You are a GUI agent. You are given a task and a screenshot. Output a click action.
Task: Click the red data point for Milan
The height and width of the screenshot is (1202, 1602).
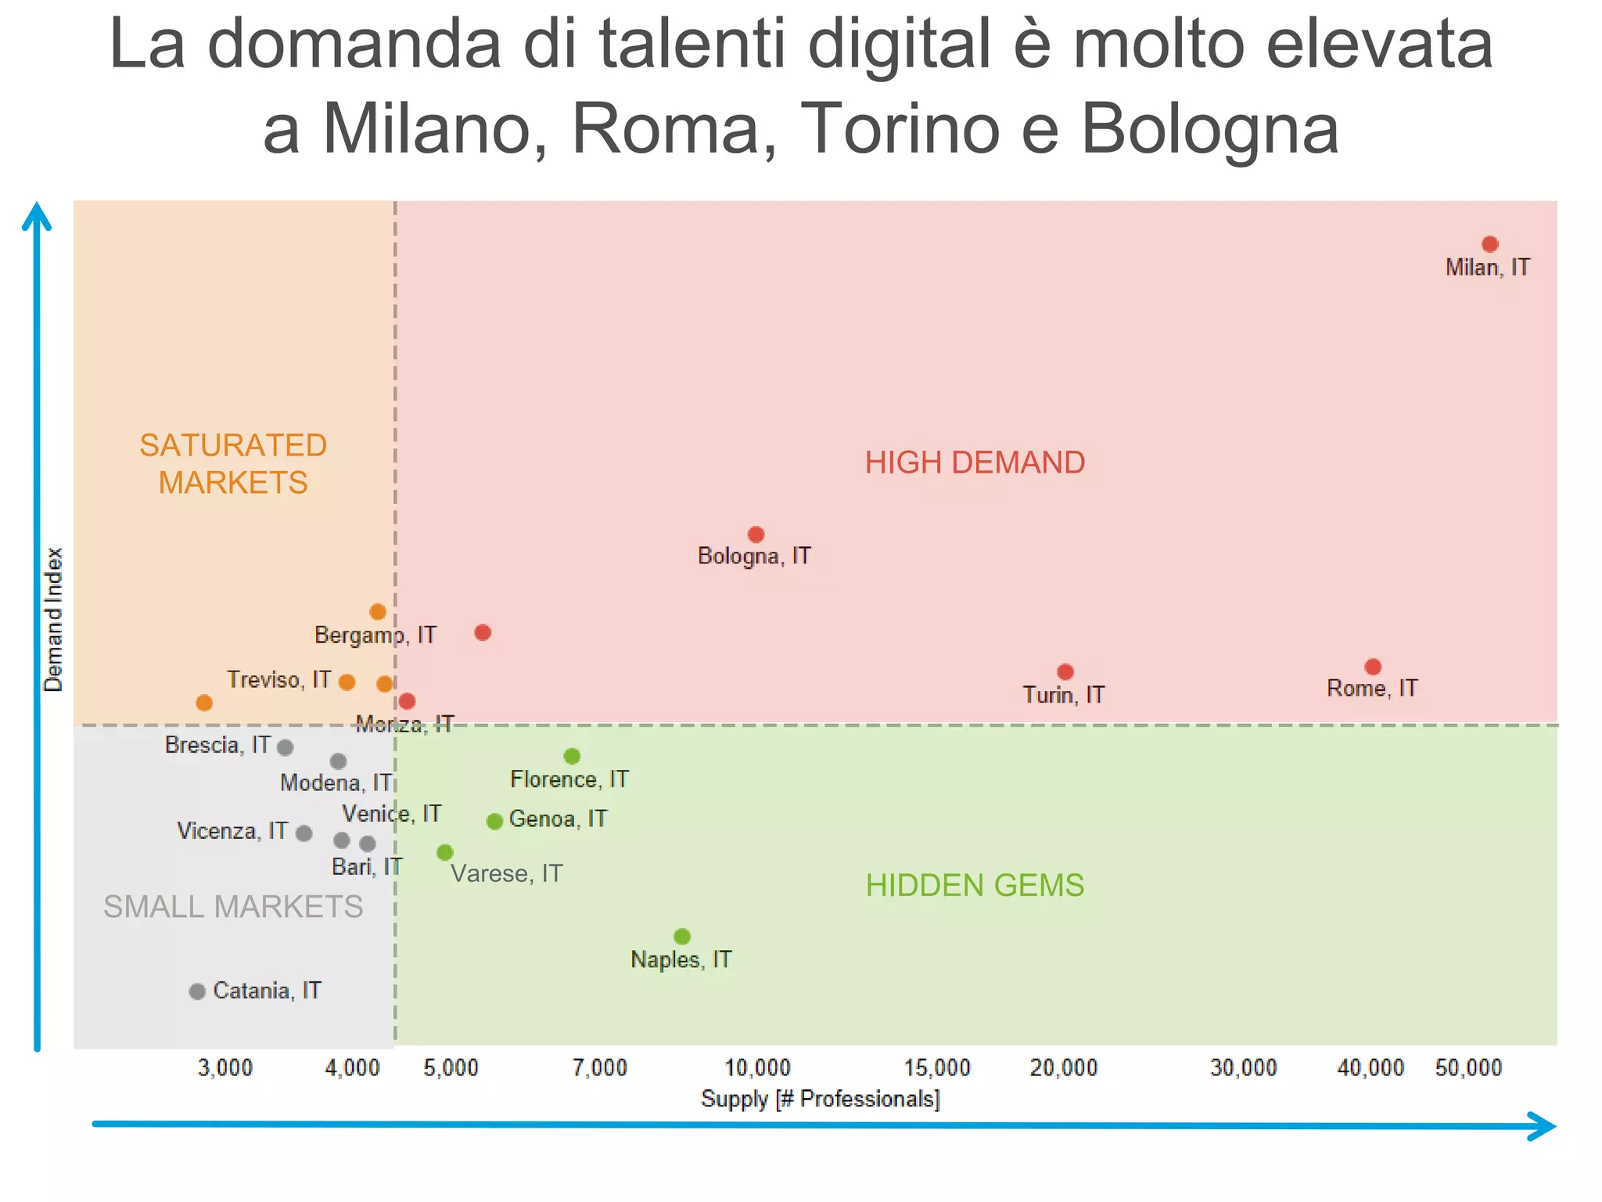point(1489,244)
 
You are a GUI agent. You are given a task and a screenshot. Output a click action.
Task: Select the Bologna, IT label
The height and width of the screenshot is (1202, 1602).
point(754,556)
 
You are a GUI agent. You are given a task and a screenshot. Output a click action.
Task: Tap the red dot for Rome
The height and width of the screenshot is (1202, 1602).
point(1373,667)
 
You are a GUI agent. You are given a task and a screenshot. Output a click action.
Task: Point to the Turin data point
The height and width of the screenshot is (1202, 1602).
point(1065,672)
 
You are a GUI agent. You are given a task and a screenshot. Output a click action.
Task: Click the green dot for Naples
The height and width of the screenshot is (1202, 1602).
point(682,937)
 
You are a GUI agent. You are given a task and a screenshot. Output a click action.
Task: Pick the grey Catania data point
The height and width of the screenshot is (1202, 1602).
point(197,991)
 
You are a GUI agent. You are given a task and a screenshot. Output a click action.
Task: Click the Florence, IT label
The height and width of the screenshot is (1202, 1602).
point(569,779)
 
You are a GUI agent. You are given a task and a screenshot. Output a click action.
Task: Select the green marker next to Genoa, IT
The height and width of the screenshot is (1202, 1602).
point(494,821)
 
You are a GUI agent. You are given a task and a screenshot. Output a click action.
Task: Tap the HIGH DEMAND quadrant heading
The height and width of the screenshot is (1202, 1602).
point(975,462)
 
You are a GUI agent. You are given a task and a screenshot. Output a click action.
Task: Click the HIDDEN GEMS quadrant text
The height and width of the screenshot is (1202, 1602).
point(975,886)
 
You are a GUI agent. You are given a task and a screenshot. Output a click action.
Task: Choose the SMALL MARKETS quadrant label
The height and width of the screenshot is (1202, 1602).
point(233,907)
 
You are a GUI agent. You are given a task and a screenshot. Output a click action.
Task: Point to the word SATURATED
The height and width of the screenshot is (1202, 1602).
point(233,445)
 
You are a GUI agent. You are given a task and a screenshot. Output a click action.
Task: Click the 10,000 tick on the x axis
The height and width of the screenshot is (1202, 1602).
point(757,1067)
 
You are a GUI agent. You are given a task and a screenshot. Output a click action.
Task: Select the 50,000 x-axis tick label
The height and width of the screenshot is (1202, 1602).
point(1468,1067)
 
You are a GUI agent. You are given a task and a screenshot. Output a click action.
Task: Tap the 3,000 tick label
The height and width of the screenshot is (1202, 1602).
point(225,1067)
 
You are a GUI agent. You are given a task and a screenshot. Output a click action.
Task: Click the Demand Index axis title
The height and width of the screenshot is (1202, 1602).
point(53,620)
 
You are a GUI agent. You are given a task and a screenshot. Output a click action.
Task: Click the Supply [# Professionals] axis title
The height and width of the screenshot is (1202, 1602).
point(820,1099)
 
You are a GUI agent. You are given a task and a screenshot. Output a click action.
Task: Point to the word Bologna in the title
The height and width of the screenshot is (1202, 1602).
point(1209,129)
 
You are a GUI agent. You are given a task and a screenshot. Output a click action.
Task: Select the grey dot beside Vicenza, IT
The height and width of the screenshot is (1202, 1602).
point(304,833)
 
